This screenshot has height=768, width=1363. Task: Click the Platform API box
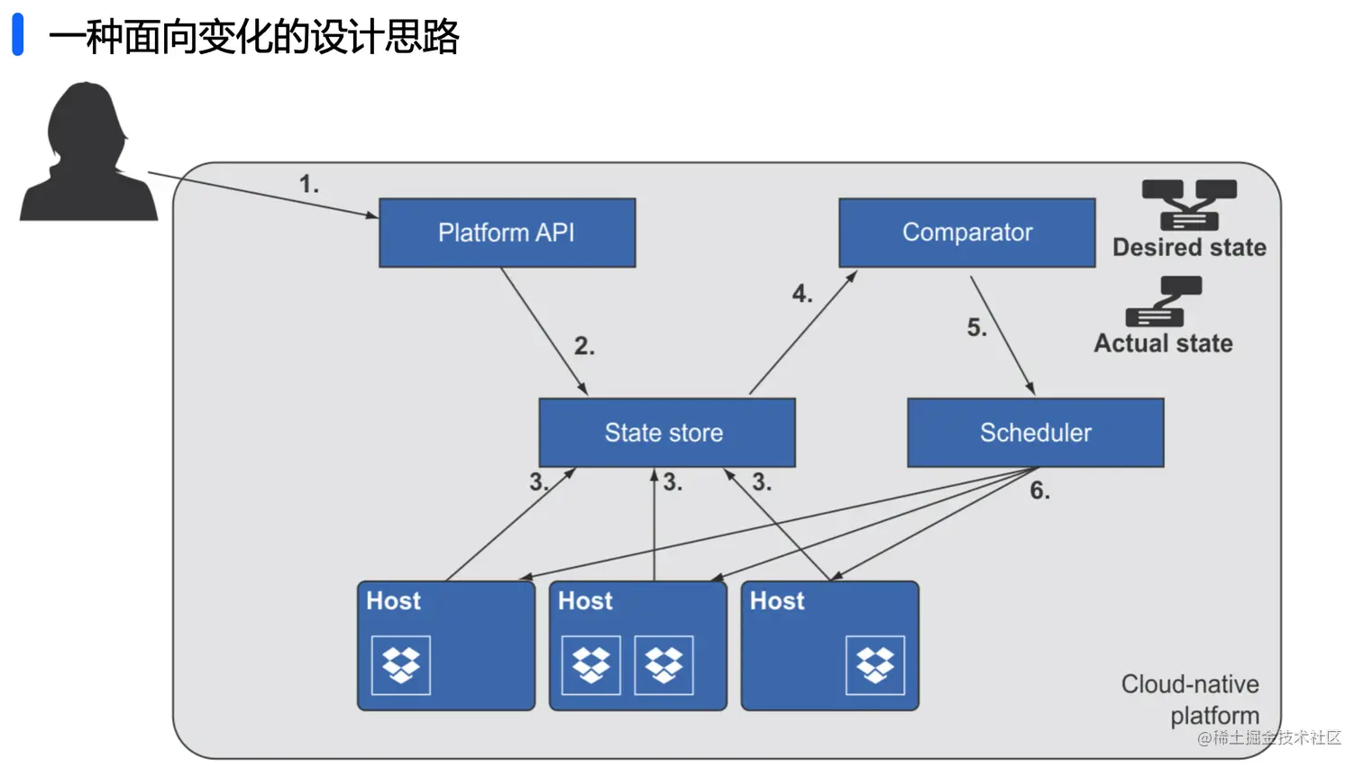pyautogui.click(x=508, y=233)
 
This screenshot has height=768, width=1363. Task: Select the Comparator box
pyautogui.click(x=967, y=233)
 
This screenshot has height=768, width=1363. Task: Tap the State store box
pyautogui.click(x=667, y=433)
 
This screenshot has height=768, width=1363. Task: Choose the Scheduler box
pyautogui.click(x=1036, y=433)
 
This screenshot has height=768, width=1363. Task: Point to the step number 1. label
pyautogui.click(x=309, y=184)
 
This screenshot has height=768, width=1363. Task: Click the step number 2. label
pyautogui.click(x=585, y=345)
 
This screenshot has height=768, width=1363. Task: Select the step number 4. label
pyautogui.click(x=802, y=294)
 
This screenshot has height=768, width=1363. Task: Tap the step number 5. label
pyautogui.click(x=977, y=327)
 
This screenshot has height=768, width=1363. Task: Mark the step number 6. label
pyautogui.click(x=1040, y=489)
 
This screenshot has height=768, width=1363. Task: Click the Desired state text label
pyautogui.click(x=1190, y=248)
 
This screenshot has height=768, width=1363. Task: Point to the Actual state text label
pyautogui.click(x=1164, y=343)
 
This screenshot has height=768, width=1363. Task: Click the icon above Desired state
pyautogui.click(x=1190, y=206)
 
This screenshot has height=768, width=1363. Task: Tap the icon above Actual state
pyautogui.click(x=1164, y=302)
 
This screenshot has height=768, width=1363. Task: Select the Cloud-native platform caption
pyautogui.click(x=1190, y=699)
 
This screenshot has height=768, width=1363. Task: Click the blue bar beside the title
pyautogui.click(x=18, y=34)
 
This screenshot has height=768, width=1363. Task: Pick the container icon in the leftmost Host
pyautogui.click(x=401, y=665)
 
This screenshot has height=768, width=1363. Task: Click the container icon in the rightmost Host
pyautogui.click(x=875, y=665)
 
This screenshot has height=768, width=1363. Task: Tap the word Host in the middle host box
pyautogui.click(x=585, y=600)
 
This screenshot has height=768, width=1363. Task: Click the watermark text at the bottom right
pyautogui.click(x=1269, y=737)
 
